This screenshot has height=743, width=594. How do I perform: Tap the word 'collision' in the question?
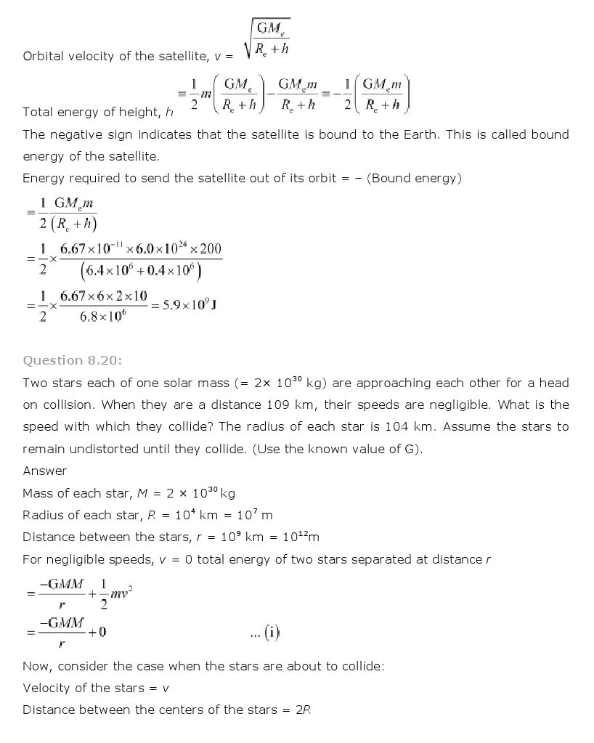(x=68, y=405)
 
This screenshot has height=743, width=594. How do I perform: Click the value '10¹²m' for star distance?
(x=301, y=537)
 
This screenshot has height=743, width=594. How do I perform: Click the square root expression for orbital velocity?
(x=268, y=38)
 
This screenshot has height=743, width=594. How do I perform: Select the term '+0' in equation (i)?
(x=97, y=632)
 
